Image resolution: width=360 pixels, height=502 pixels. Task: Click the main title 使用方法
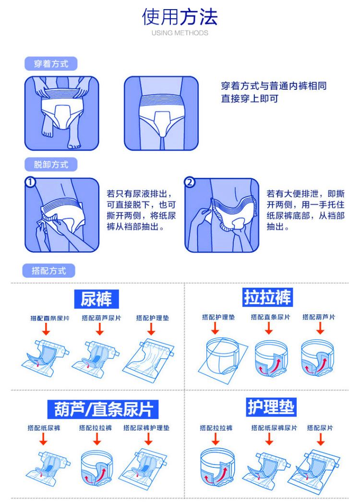(x=180, y=17)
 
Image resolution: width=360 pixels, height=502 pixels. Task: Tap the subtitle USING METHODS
(x=180, y=33)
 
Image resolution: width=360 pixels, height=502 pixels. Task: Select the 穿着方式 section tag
(x=51, y=64)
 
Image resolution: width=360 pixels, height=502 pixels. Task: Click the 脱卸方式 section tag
(x=51, y=165)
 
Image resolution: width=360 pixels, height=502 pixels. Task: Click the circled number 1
(x=30, y=183)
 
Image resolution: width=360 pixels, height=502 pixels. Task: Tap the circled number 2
(x=190, y=183)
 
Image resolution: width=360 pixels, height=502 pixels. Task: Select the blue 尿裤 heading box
(x=96, y=299)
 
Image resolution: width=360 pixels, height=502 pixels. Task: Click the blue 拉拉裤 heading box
(x=267, y=298)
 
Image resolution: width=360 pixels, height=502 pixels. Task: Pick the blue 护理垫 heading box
(x=271, y=407)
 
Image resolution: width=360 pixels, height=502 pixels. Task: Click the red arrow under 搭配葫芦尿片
(x=100, y=329)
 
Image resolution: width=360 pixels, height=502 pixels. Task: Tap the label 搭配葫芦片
(x=319, y=317)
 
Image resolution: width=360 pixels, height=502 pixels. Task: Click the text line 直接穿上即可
(x=249, y=99)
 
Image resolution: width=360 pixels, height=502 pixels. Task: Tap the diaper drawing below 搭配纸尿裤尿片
(x=266, y=465)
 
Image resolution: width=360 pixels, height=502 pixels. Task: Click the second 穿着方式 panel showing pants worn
(x=161, y=113)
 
